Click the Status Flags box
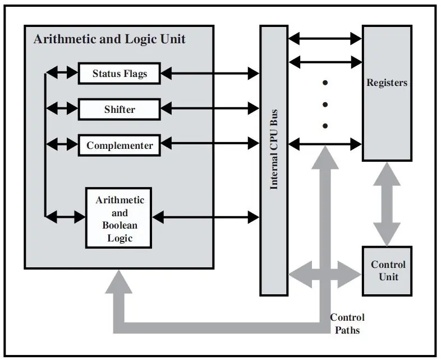(120, 74)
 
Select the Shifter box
(120, 109)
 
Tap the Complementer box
(120, 145)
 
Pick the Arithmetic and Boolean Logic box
(119, 218)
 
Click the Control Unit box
(387, 271)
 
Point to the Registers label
(387, 83)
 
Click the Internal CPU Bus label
(274, 149)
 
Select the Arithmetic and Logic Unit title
(109, 39)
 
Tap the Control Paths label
(347, 323)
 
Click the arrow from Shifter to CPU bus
(210, 108)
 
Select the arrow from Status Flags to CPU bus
(210, 74)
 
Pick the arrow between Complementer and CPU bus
(210, 143)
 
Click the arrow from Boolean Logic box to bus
(205, 217)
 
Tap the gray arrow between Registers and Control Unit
(387, 204)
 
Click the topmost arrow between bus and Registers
(325, 39)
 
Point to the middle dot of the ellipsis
(325, 104)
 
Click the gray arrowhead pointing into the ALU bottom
(119, 281)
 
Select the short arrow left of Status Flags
(62, 72)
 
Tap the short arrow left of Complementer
(62, 144)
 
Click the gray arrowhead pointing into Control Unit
(350, 275)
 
